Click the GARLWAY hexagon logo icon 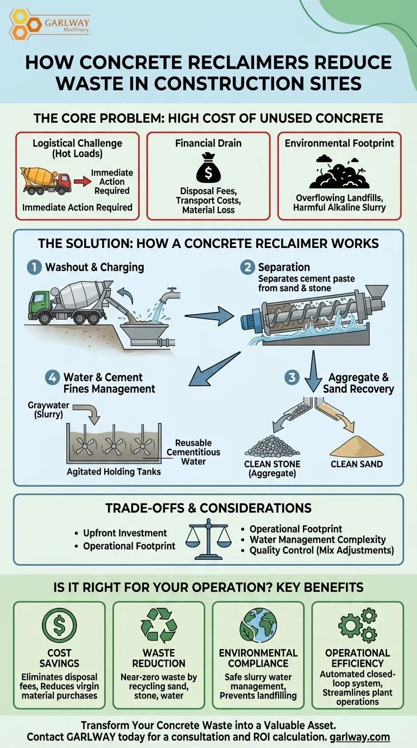coord(22,23)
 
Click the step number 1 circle coord(34,267)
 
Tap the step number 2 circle coord(247,267)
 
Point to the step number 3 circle coord(293,377)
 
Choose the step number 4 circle coord(52,377)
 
